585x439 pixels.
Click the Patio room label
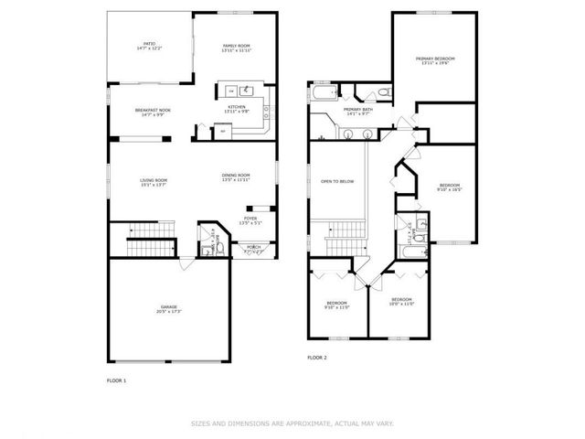click(x=149, y=45)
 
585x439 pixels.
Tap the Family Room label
click(x=236, y=47)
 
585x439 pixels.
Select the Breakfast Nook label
click(x=152, y=112)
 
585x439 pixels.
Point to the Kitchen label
click(x=237, y=109)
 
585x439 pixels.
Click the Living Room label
click(x=153, y=182)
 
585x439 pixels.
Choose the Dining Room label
click(x=236, y=177)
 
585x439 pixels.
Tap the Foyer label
click(x=250, y=220)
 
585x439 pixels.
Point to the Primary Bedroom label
click(x=435, y=60)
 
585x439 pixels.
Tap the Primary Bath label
click(x=357, y=112)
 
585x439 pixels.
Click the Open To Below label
click(x=336, y=181)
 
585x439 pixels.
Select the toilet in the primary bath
click(x=385, y=92)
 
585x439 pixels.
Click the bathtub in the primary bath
click(x=324, y=93)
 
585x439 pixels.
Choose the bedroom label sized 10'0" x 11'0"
click(x=402, y=302)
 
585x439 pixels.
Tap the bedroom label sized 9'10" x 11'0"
click(x=336, y=305)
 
